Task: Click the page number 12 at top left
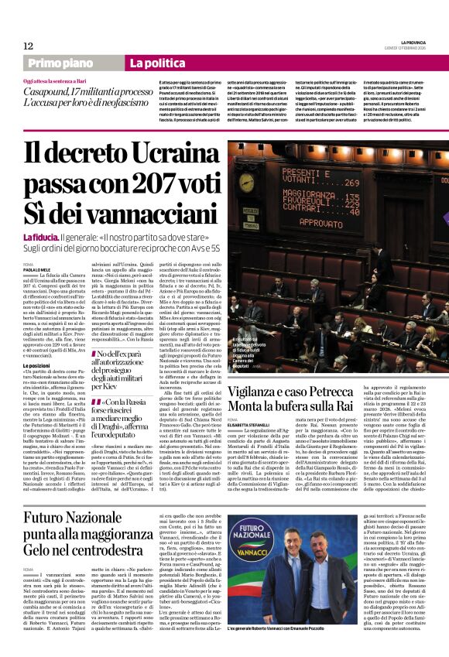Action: (28, 46)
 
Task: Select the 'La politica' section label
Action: (152, 63)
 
